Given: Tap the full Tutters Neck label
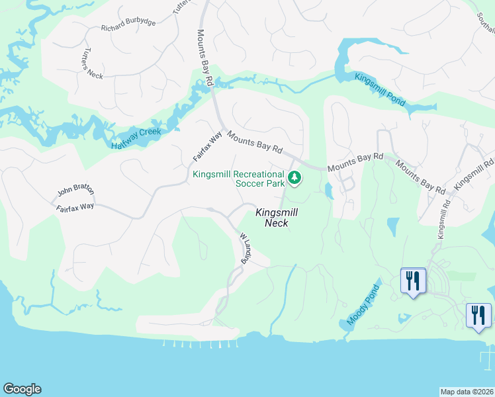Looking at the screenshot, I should click(x=93, y=64).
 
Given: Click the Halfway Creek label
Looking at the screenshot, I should click(x=136, y=138).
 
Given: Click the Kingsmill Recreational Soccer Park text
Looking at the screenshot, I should click(x=238, y=179).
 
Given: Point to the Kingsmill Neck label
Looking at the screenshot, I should click(x=277, y=218).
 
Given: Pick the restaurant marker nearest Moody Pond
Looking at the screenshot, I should click(x=413, y=281).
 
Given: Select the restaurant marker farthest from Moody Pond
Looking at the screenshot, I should click(x=478, y=315).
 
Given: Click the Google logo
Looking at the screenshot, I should click(x=22, y=389).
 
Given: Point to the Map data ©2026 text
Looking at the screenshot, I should click(x=467, y=391).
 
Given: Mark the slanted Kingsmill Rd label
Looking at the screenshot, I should click(x=474, y=171).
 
